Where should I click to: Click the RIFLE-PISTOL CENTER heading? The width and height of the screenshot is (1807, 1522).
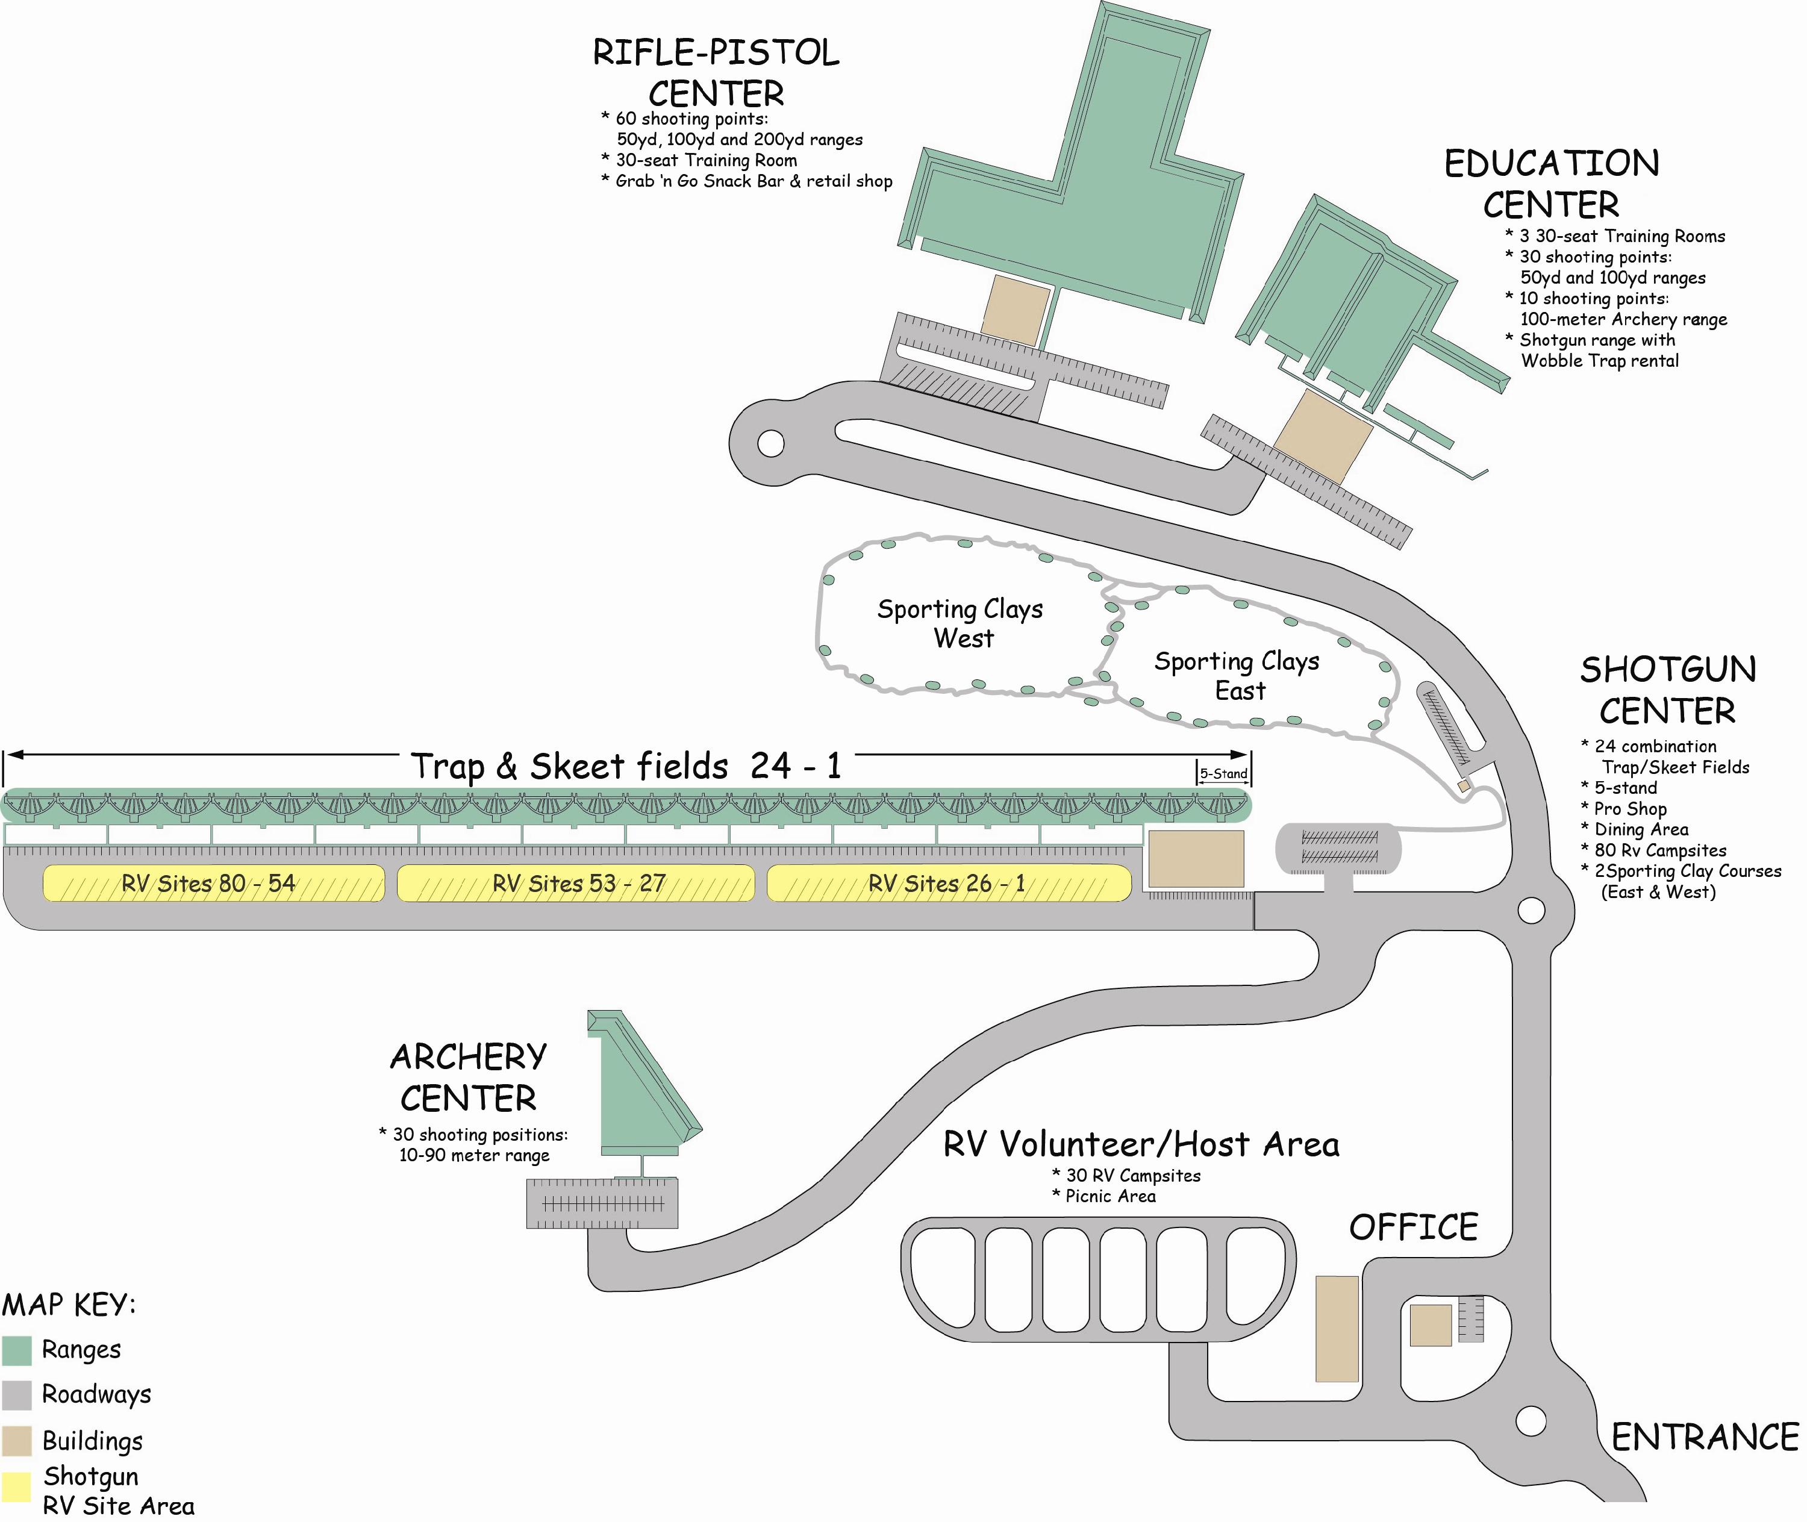pos(716,72)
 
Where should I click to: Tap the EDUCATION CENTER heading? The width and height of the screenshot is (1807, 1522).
pos(1552,184)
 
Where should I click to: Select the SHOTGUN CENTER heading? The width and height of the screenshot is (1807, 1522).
pos(1668,690)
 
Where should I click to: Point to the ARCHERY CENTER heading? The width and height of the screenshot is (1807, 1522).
pos(469,1077)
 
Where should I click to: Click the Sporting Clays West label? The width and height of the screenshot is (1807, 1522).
pos(961,623)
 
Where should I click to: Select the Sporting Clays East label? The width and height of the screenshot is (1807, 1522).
pos(1237,676)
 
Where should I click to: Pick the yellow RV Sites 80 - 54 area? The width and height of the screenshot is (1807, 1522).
pos(214,884)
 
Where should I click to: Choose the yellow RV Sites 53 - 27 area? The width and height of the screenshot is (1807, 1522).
pos(576,884)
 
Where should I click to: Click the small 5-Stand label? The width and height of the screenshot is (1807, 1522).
pos(1224,774)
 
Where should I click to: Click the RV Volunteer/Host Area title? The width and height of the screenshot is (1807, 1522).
pos(1141,1145)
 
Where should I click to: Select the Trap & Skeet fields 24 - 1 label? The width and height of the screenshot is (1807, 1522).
pos(626,766)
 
